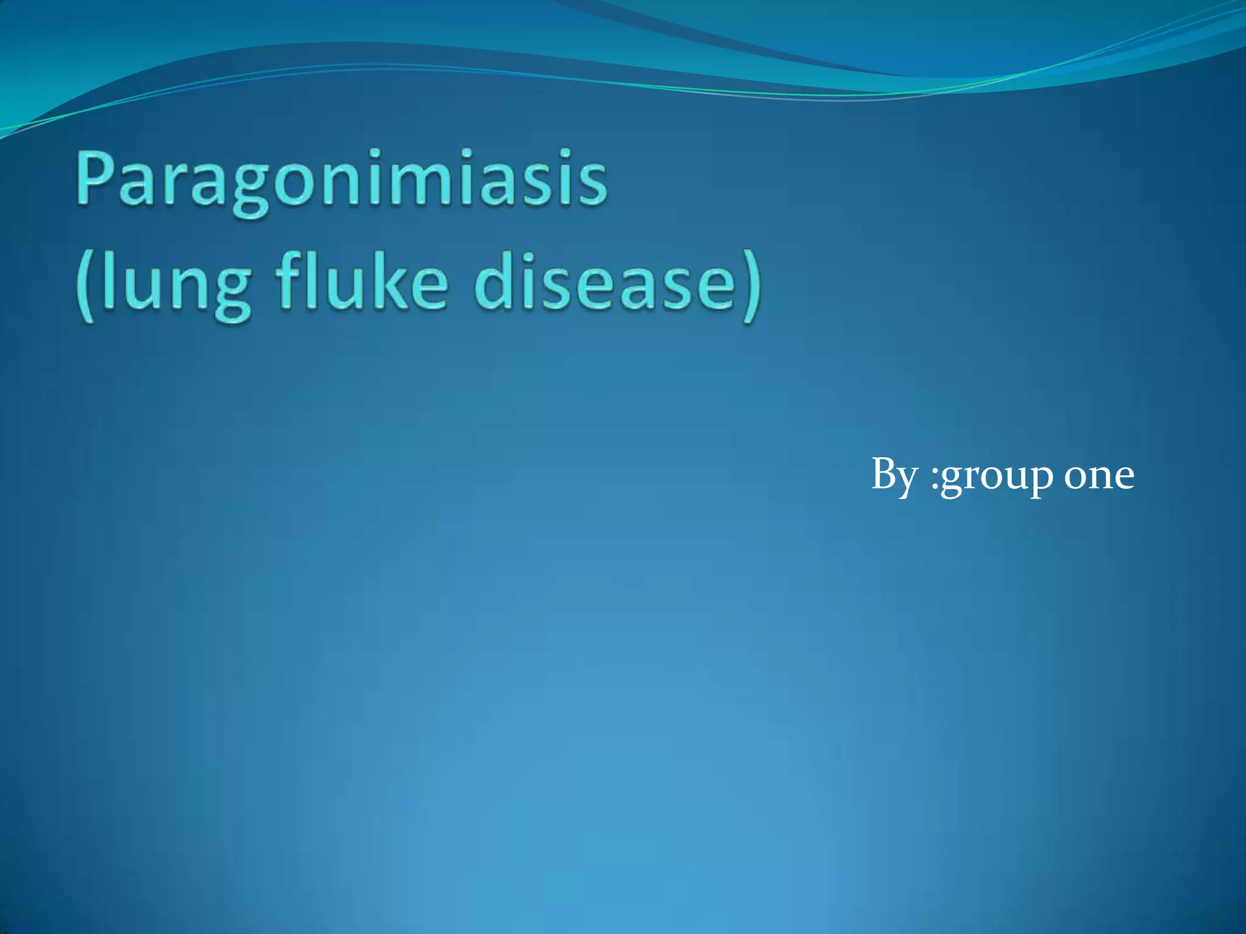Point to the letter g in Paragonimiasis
click(249, 189)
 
